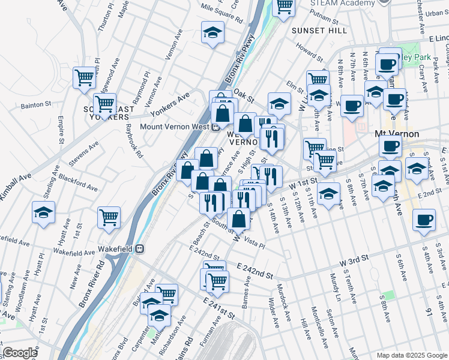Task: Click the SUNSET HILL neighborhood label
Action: (319, 31)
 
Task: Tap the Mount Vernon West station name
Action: (174, 127)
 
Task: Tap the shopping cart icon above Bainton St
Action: (84, 77)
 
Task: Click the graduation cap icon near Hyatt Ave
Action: (43, 214)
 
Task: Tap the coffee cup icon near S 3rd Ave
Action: (424, 220)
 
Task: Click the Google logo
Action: (19, 353)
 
